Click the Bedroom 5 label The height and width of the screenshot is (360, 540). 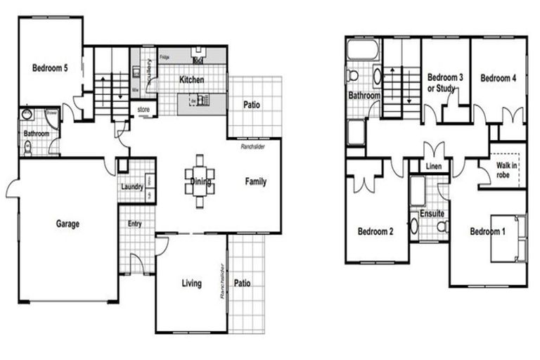pyautogui.click(x=50, y=69)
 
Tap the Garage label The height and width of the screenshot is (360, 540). pyautogui.click(x=67, y=224)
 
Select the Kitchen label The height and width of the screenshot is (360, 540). pyautogui.click(x=192, y=80)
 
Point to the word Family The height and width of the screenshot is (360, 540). pyautogui.click(x=255, y=182)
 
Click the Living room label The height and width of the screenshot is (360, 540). pyautogui.click(x=191, y=284)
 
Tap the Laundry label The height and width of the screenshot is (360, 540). pyautogui.click(x=131, y=187)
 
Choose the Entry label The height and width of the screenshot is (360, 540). pyautogui.click(x=134, y=224)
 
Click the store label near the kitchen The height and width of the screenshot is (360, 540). pyautogui.click(x=143, y=110)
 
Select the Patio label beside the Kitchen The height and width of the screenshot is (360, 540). pyautogui.click(x=252, y=105)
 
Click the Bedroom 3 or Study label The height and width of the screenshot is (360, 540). pyautogui.click(x=445, y=83)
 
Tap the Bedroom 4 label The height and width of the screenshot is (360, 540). pyautogui.click(x=499, y=78)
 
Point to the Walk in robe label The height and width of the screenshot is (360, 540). pyautogui.click(x=507, y=169)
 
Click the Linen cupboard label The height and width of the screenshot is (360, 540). pyautogui.click(x=434, y=167)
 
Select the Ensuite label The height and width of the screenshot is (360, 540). pyautogui.click(x=431, y=212)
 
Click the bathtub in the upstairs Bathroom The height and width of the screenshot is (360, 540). pyautogui.click(x=362, y=51)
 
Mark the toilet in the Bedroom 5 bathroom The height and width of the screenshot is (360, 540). pyautogui.click(x=27, y=148)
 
